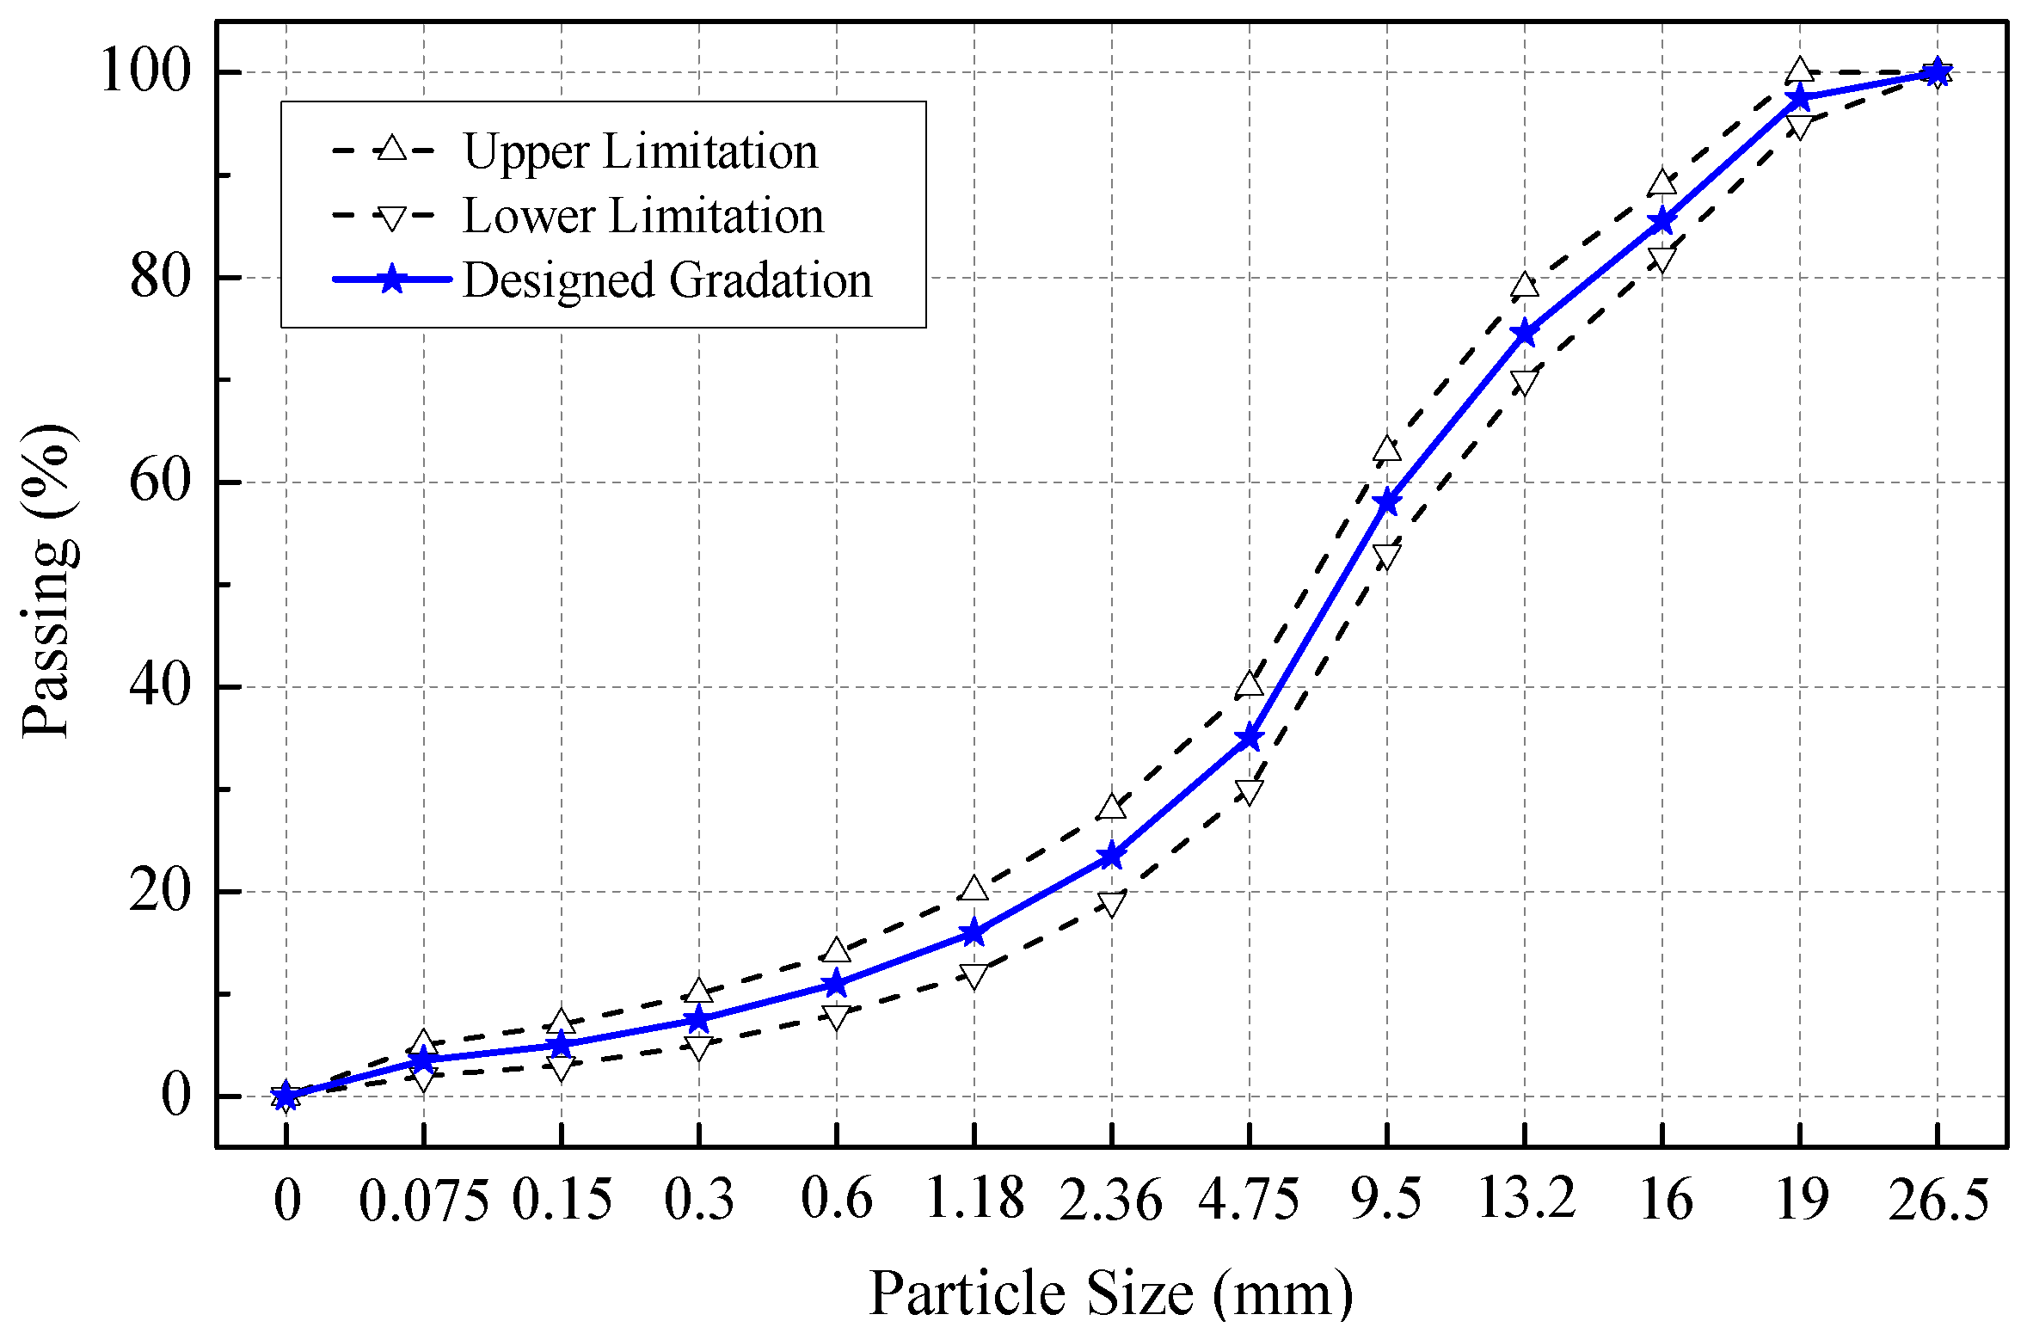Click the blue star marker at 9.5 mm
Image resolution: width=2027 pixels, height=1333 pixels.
1386,502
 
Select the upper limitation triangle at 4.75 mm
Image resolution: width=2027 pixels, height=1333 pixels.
1250,685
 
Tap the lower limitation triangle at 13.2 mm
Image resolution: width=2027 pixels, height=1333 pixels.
1524,381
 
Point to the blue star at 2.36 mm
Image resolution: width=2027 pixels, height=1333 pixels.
1112,856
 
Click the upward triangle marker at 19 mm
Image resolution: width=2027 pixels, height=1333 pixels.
1799,71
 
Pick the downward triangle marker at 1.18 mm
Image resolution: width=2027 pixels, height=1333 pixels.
974,975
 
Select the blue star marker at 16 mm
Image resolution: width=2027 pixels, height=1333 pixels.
1662,221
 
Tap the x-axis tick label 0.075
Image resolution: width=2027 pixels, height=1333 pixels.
424,1201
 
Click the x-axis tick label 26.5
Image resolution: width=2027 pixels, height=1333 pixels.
1938,1201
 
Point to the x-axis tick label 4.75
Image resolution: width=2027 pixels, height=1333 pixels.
1249,1201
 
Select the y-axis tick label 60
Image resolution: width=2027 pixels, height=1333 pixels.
159,482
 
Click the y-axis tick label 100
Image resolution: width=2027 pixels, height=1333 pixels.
144,71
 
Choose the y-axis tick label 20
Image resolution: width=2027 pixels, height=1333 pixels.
159,892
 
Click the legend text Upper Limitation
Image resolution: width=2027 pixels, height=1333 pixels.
641,151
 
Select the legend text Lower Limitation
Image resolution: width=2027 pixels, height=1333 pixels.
643,215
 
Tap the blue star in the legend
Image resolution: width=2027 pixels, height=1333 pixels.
392,279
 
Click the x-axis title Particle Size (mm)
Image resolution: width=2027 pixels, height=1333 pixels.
1110,1293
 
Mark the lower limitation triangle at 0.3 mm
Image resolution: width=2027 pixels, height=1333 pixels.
699,1047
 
